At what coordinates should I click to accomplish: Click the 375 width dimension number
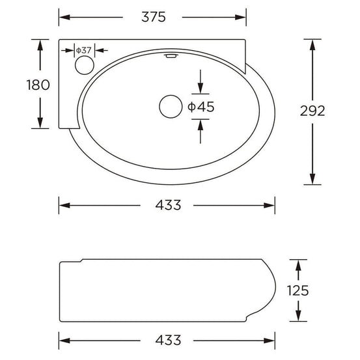tap(153, 17)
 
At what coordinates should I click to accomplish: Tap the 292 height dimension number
tap(312, 111)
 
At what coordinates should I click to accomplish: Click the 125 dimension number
tap(298, 290)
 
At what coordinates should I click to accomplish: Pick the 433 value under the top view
tap(168, 204)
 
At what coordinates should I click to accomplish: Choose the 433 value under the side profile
tap(168, 340)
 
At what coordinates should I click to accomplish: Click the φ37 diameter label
tap(84, 50)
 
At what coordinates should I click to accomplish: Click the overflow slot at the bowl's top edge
tap(171, 57)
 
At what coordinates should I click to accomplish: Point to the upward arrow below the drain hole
tap(200, 123)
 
